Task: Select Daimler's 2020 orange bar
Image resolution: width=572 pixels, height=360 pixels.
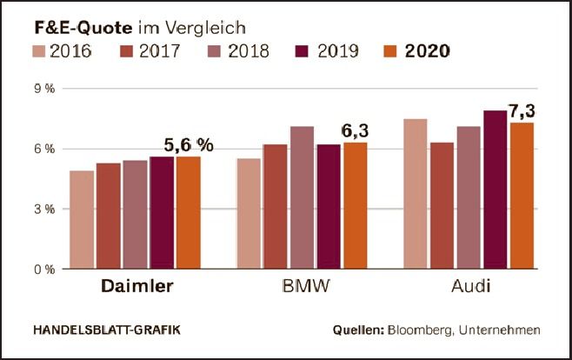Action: pos(188,212)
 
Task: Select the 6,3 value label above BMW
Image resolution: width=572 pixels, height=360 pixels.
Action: pos(354,131)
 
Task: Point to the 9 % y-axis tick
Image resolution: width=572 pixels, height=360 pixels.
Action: pos(43,89)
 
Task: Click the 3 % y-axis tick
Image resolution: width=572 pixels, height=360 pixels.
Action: pos(43,209)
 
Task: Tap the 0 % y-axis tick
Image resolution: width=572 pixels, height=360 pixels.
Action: pos(43,269)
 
